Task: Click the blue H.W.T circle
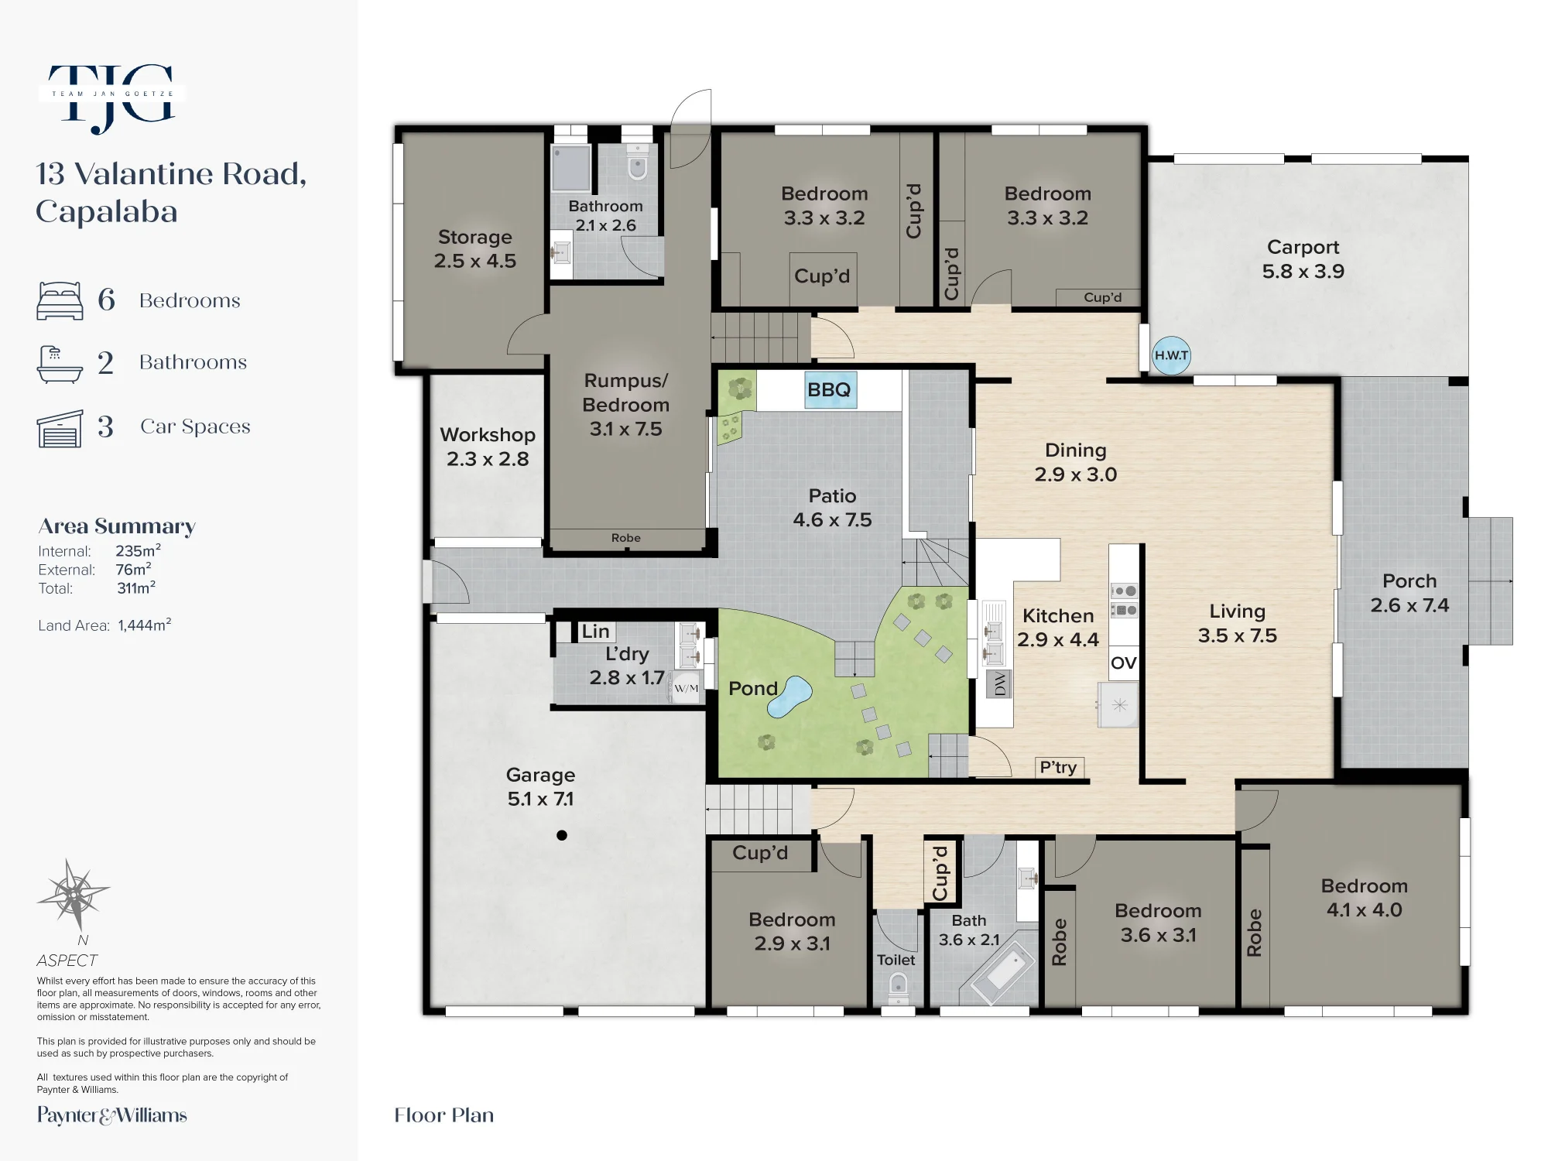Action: tap(1171, 355)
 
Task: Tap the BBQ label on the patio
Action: tap(829, 389)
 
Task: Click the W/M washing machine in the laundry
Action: tap(686, 688)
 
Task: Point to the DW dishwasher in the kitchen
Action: tap(999, 684)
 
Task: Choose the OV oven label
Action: tap(1124, 663)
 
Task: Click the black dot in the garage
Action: tap(562, 835)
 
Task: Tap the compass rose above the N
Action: tap(74, 895)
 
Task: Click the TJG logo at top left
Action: tap(111, 97)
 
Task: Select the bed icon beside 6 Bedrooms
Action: tap(60, 300)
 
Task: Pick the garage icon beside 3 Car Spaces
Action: tap(60, 428)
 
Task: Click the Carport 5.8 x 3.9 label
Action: tap(1303, 259)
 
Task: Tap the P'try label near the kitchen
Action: tap(1058, 767)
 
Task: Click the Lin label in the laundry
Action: tap(595, 632)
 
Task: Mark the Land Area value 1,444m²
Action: tap(145, 625)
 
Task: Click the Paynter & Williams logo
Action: tap(112, 1115)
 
